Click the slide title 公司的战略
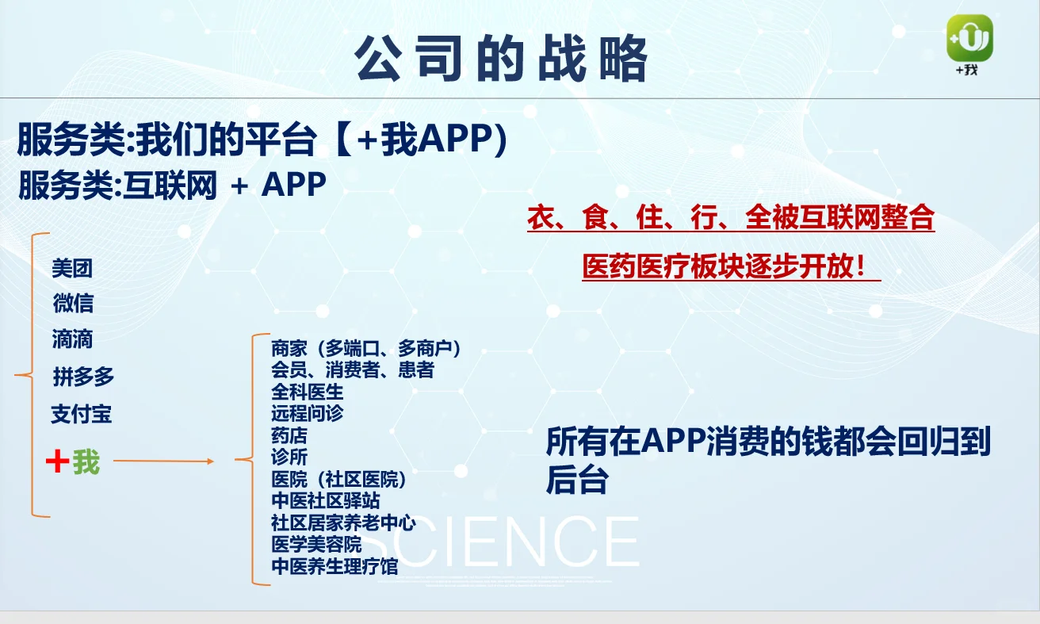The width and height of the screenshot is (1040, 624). tap(501, 59)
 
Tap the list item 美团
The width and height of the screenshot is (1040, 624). tap(72, 269)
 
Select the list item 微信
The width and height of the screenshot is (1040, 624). tap(73, 303)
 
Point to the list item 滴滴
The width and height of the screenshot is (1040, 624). tap(73, 339)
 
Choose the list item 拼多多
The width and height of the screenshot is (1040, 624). tap(84, 377)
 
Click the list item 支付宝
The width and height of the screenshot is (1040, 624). tap(82, 414)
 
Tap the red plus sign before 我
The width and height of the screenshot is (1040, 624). tap(57, 461)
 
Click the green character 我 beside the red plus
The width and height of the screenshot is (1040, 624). tap(86, 461)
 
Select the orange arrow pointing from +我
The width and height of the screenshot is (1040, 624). tap(163, 461)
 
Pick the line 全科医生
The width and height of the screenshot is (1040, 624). tap(308, 392)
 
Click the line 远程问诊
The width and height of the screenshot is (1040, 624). tap(308, 413)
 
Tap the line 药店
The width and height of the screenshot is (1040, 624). tap(289, 435)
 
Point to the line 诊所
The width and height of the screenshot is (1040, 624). tap(289, 457)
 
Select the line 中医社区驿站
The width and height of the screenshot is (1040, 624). tap(326, 501)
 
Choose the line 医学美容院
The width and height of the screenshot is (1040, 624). tap(316, 545)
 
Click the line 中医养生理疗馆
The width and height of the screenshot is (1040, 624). tap(335, 567)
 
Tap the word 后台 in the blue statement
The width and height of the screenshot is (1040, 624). tap(577, 480)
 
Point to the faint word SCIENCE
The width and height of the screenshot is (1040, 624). tap(515, 542)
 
